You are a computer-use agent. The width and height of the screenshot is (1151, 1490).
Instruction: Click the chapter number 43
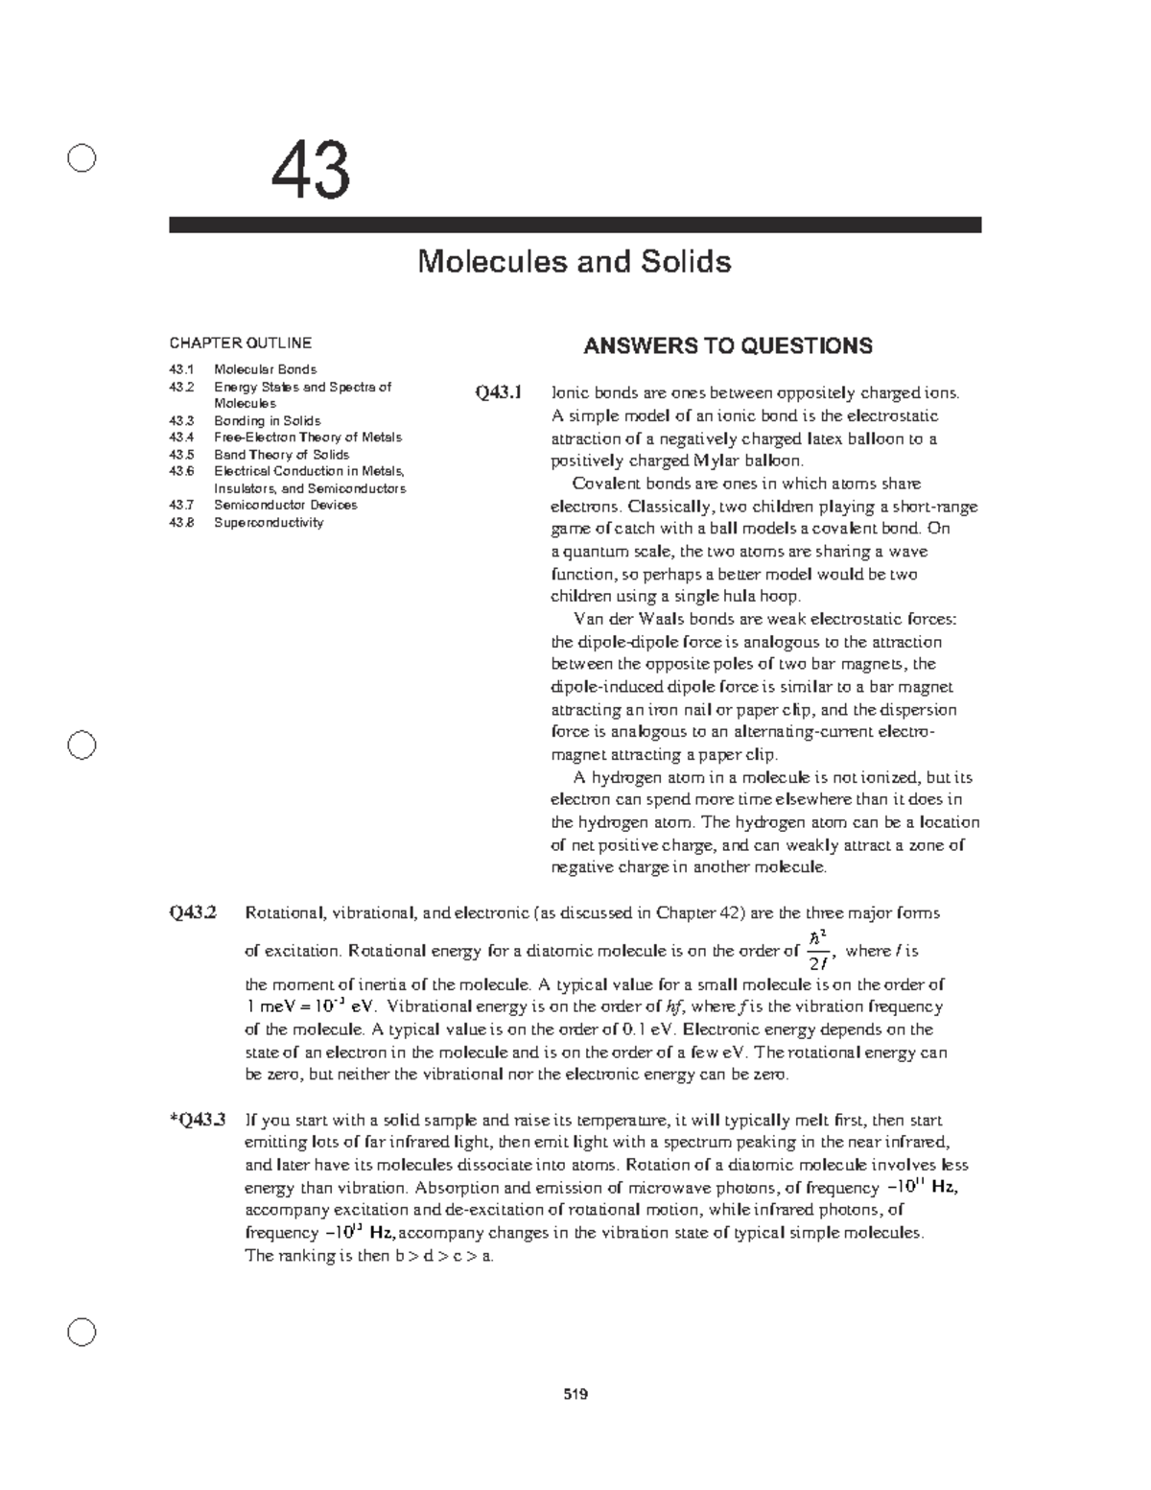tap(310, 172)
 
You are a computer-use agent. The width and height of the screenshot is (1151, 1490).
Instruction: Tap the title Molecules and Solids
tap(574, 261)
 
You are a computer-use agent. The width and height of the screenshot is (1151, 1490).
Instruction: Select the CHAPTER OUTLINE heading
tap(240, 343)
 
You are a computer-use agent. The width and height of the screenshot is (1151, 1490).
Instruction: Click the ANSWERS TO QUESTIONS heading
tap(728, 345)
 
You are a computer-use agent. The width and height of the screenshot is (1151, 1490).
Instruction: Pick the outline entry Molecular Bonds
tap(265, 369)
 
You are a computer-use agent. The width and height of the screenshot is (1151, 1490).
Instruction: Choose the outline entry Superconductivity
tap(268, 523)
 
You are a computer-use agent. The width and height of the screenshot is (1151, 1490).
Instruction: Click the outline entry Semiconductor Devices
tap(285, 506)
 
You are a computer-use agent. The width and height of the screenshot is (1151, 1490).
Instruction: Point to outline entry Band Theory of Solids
tap(281, 455)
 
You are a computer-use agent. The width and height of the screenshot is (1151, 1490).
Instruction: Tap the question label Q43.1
tap(497, 392)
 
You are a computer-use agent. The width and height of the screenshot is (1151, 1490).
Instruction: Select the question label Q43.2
tap(193, 913)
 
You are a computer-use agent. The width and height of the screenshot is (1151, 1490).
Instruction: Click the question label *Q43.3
tap(195, 1120)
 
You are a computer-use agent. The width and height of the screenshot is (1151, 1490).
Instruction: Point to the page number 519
tap(575, 1394)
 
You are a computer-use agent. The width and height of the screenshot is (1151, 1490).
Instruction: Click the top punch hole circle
tap(82, 158)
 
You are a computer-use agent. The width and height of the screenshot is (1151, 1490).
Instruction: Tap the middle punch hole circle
tap(82, 745)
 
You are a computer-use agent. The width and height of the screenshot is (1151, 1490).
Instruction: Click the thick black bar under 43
tap(575, 225)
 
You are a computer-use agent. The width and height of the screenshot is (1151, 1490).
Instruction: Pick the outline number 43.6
tap(181, 471)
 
